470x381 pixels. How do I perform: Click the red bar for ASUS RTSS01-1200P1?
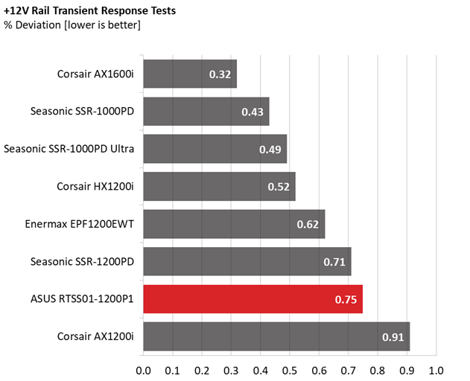coord(253,299)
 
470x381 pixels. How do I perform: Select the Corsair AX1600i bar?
coord(190,74)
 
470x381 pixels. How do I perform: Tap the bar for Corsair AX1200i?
coord(276,336)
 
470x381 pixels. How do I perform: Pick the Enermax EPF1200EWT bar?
coord(234,224)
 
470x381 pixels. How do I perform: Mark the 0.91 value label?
coord(393,337)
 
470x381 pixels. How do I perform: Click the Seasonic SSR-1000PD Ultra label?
coord(69,149)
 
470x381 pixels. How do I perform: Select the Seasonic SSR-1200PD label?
coord(83,261)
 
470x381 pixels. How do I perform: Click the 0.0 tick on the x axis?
coord(144,369)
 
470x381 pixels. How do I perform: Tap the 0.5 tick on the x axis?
coord(290,369)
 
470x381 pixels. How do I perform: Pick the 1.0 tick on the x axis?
coord(436,369)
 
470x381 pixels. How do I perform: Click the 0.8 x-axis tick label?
coord(378,369)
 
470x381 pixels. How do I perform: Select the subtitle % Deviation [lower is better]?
coord(72,25)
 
